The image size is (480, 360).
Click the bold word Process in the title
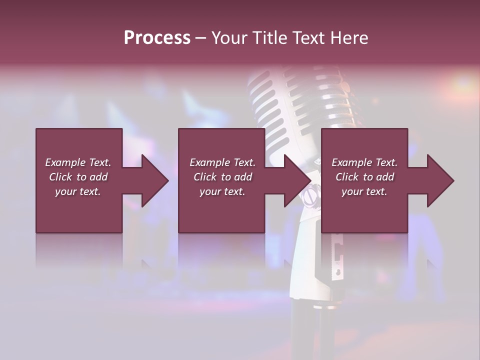[157, 37]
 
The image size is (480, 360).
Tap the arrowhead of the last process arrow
[440, 180]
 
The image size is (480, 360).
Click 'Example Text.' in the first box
[78, 162]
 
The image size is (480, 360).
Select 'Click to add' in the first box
[78, 177]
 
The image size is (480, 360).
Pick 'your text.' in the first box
[78, 191]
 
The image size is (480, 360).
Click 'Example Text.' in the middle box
[222, 162]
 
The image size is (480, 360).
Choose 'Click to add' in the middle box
[222, 177]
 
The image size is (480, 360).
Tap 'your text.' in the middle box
[222, 191]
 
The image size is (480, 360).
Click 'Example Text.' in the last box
[364, 162]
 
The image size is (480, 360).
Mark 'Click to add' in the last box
[364, 177]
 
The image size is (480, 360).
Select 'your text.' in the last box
[364, 191]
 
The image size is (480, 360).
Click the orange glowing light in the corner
[462, 82]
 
